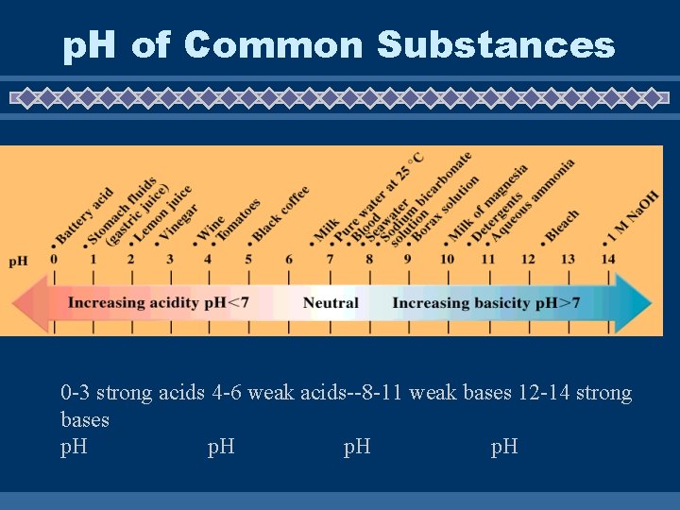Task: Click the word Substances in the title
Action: pos(496,44)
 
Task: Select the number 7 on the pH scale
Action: pos(330,260)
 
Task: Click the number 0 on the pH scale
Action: pos(54,260)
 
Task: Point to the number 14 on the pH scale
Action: pos(608,260)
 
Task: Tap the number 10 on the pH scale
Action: pos(447,260)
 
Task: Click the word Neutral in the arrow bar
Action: pos(331,303)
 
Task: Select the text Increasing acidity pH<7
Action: pos(158,303)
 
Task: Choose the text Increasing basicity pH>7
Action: pos(485,303)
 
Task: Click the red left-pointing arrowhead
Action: pos(28,303)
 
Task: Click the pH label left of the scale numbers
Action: pos(19,261)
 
